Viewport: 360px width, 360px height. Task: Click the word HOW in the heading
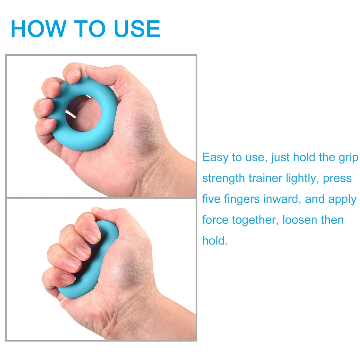point(39,28)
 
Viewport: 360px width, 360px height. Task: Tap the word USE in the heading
point(137,28)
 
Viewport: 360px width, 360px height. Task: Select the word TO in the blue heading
point(90,28)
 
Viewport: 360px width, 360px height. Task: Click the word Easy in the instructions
point(215,158)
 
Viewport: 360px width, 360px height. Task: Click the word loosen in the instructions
point(300,220)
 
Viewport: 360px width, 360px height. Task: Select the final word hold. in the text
point(215,240)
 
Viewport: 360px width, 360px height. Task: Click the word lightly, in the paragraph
point(303,179)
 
